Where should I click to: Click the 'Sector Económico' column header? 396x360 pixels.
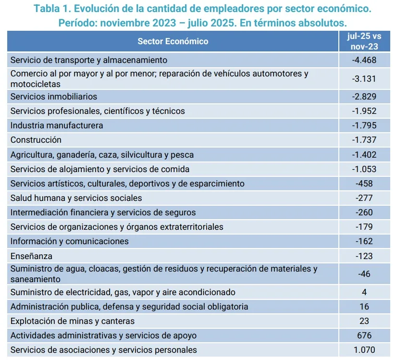173,41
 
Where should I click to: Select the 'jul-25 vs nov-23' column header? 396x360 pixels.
364,41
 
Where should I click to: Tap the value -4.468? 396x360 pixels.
364,60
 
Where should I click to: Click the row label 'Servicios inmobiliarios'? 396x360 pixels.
53,97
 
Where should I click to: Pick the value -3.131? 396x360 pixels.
364,78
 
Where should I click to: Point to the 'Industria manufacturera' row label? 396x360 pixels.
57,125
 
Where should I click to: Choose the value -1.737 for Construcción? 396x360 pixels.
364,140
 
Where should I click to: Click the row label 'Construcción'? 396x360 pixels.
36,140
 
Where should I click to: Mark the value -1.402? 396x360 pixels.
364,155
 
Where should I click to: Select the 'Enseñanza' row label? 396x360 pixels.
31,256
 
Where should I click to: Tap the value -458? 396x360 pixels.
364,184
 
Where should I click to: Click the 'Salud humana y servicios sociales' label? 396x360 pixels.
76,198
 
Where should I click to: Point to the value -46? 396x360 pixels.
364,274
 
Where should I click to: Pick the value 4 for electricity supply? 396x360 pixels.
364,292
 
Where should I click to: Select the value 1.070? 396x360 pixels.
364,350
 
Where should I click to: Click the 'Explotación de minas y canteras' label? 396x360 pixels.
72,321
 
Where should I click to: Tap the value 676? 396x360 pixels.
364,335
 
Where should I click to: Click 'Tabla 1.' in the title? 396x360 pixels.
51,9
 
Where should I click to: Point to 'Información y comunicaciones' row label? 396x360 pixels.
69,241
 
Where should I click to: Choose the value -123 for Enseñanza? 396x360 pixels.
364,256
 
